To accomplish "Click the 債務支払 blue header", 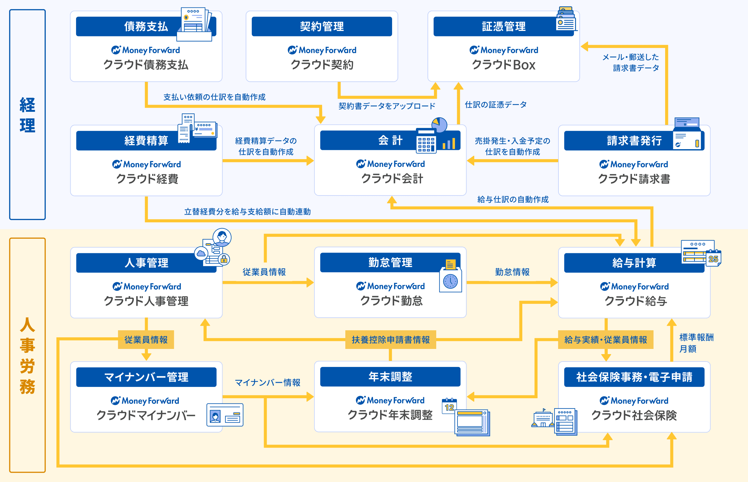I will [129, 26].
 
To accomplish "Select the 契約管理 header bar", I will [322, 26].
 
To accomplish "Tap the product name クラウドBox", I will [503, 65].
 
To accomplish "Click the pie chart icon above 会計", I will [439, 124].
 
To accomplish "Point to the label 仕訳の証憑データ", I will [496, 104].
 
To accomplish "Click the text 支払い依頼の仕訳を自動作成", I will [214, 97].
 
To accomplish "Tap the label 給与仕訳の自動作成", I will [513, 199].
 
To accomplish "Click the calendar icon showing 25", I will [713, 259].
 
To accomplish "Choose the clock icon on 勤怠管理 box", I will [450, 281].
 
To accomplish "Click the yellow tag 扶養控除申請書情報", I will [390, 340].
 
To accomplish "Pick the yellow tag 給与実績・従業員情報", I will [605, 340].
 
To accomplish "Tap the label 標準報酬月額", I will [696, 343].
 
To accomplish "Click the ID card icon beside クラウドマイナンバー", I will [225, 415].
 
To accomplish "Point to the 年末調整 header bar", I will [390, 377].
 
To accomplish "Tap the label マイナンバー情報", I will [268, 382].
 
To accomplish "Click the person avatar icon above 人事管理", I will [222, 237].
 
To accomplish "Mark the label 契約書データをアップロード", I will [387, 106].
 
